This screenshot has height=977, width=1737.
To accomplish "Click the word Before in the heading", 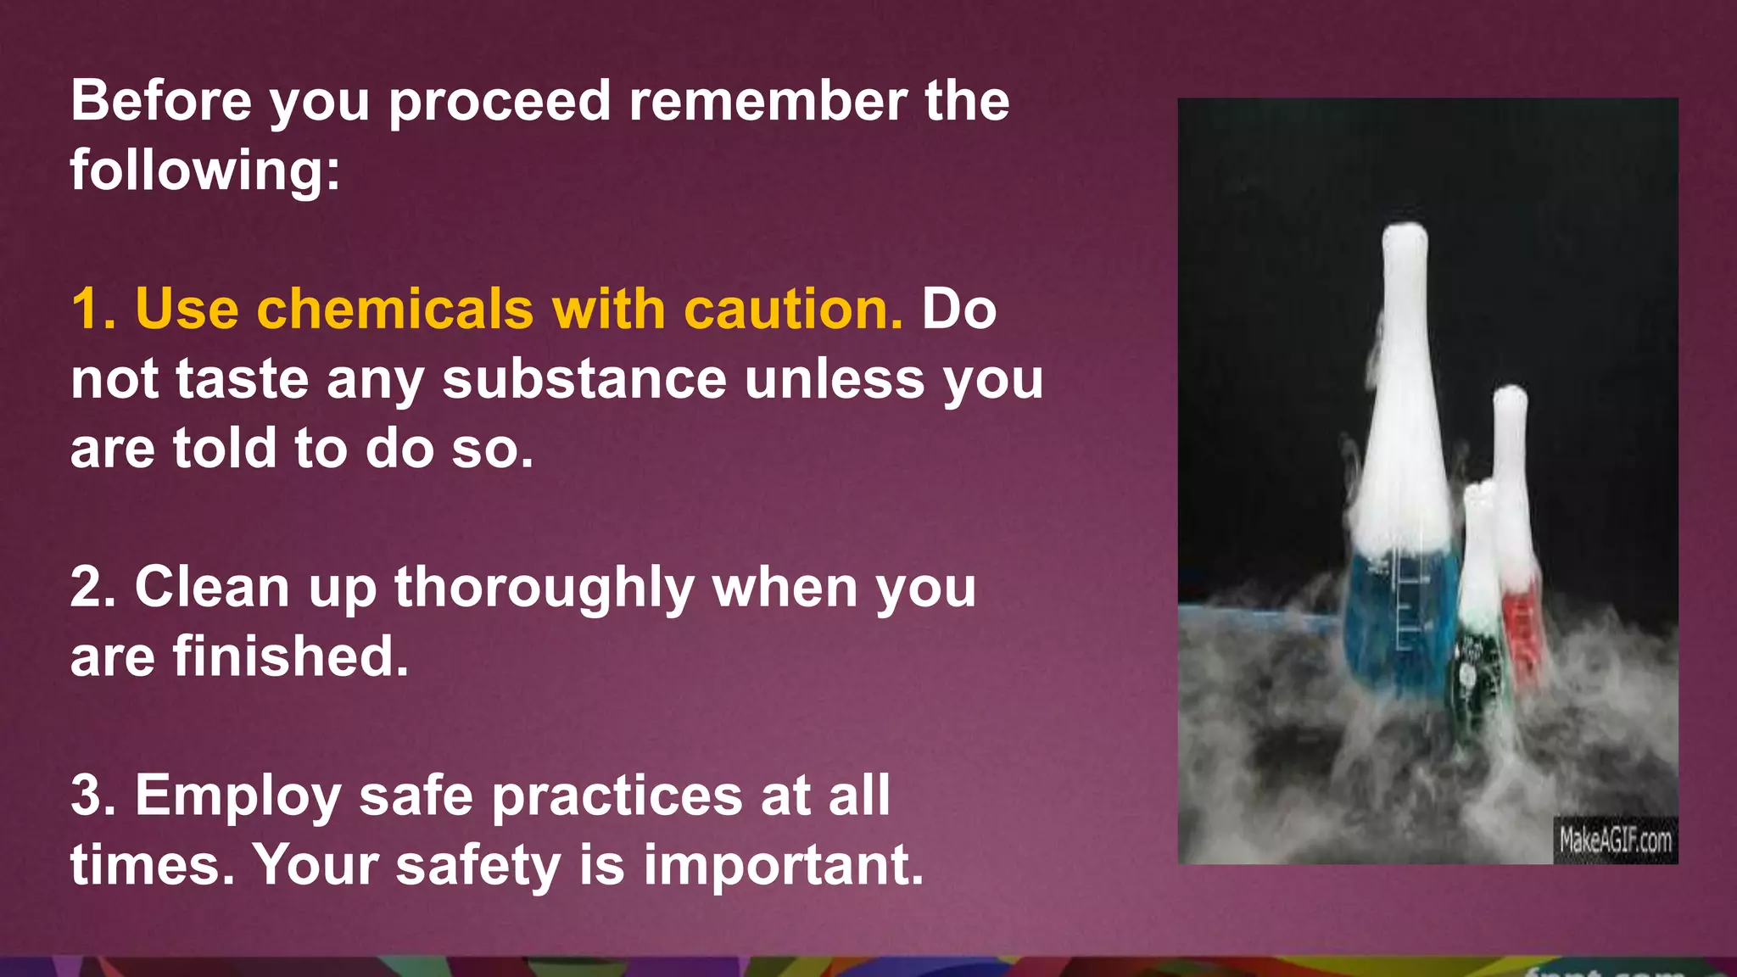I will [x=160, y=101].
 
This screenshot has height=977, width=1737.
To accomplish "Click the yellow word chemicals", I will [x=394, y=309].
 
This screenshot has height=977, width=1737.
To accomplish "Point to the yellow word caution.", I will [x=793, y=309].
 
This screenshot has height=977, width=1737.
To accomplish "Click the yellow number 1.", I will [x=92, y=309].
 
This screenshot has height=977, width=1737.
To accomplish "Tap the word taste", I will [x=242, y=379].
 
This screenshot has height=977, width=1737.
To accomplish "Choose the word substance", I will [x=584, y=379].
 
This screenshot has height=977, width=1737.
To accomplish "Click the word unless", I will [x=835, y=379].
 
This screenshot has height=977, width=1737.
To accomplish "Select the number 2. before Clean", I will [x=92, y=587].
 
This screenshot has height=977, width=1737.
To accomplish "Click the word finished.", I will [x=291, y=656].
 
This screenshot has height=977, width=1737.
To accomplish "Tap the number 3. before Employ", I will [x=92, y=796].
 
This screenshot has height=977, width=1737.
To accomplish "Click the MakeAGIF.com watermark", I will [x=1615, y=840].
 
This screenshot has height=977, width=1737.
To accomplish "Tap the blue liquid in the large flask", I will [x=1399, y=619].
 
